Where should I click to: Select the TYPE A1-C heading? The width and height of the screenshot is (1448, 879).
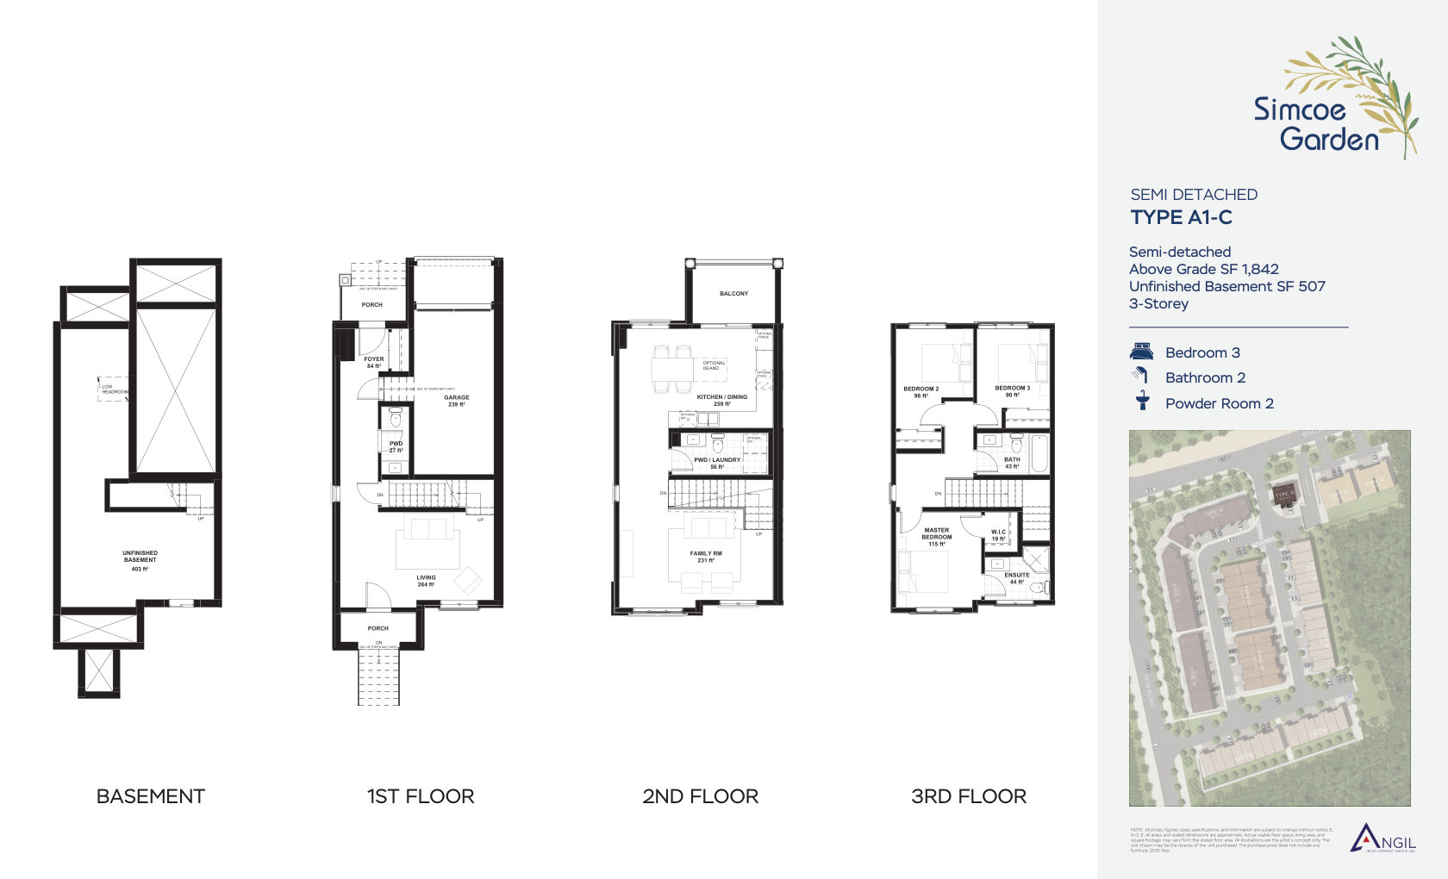pyautogui.click(x=1181, y=217)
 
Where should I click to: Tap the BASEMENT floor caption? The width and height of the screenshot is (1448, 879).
pyautogui.click(x=151, y=796)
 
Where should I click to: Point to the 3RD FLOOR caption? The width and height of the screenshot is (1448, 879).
pyautogui.click(x=969, y=796)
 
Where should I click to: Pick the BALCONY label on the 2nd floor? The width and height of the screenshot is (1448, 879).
pyautogui.click(x=733, y=294)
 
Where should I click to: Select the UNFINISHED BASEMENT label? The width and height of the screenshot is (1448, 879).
pyautogui.click(x=140, y=557)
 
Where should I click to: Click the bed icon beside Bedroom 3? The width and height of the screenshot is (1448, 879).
pyautogui.click(x=1141, y=352)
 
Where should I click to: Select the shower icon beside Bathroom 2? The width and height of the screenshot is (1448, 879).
pyautogui.click(x=1141, y=376)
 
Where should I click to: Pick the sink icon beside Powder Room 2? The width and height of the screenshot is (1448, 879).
pyautogui.click(x=1142, y=402)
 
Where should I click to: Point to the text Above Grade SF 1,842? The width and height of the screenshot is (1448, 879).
pyautogui.click(x=1203, y=269)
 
